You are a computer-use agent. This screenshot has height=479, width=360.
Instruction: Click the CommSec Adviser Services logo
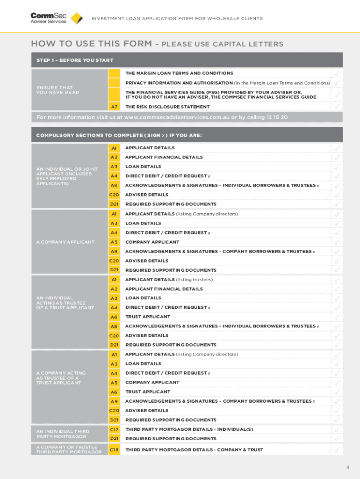49,18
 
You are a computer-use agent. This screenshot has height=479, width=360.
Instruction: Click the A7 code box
114,107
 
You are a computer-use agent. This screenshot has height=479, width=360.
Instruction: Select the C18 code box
114,450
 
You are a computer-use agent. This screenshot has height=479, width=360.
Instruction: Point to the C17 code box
114,429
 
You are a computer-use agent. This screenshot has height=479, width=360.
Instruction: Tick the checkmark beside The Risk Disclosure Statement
337,107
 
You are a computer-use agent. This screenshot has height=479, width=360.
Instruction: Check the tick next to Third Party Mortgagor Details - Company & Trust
337,450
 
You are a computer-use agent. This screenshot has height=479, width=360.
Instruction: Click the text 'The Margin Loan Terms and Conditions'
179,73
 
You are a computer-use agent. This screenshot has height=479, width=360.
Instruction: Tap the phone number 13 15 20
277,117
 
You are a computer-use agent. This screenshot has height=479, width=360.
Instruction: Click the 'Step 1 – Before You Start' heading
75,60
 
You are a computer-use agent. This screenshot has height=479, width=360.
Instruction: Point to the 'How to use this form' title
91,44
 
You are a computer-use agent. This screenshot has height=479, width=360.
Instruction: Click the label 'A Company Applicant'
65,242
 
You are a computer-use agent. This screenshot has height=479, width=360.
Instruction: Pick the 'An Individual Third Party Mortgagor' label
63,434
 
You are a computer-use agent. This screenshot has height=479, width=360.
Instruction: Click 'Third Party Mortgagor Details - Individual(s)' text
189,429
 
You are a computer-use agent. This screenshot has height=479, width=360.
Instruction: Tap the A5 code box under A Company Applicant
114,242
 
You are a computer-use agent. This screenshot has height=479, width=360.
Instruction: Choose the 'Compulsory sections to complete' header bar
119,135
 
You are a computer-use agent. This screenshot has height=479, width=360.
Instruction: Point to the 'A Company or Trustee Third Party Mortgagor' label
69,450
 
